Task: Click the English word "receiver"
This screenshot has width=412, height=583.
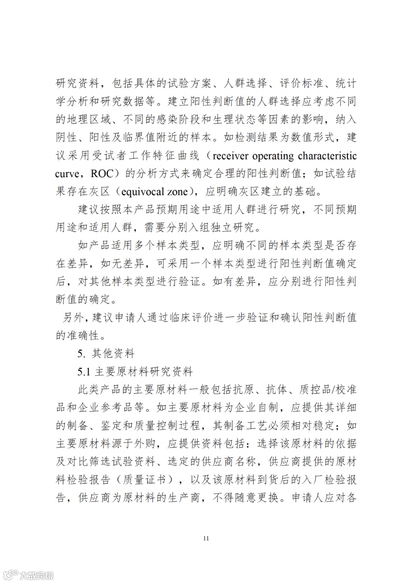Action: pyautogui.click(x=230, y=156)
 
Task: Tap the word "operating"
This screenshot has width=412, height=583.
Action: pyautogui.click(x=273, y=156)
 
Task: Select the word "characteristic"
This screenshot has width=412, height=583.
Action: pyautogui.click(x=327, y=156)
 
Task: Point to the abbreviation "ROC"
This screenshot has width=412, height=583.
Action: pyautogui.click(x=102, y=174)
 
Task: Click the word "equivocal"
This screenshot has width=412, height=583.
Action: pyautogui.click(x=145, y=192)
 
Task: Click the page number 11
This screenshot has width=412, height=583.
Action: pyautogui.click(x=206, y=538)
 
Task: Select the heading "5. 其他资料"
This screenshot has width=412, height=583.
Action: pyautogui.click(x=106, y=354)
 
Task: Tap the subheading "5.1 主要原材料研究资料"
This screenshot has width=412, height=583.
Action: pyautogui.click(x=135, y=371)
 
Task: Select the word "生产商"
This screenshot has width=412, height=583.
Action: pyautogui.click(x=184, y=498)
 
